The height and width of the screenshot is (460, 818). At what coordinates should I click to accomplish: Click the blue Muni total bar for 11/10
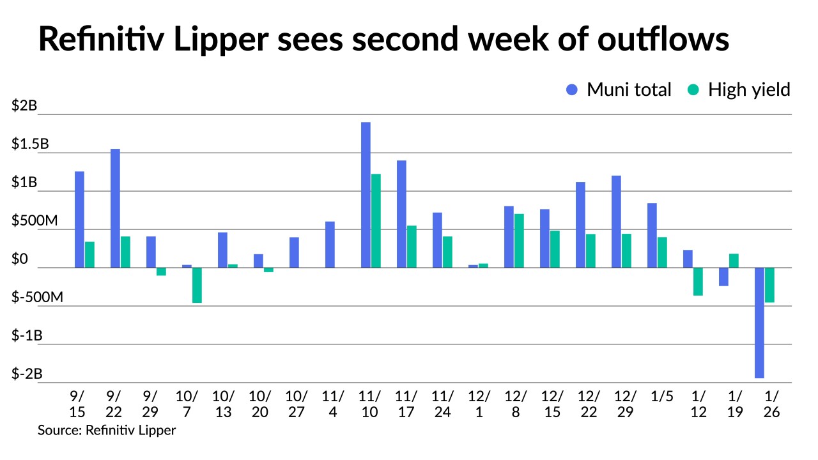click(x=366, y=195)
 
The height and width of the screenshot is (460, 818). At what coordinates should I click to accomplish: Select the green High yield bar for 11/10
click(x=376, y=220)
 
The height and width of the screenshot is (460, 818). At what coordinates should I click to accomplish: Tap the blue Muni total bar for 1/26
click(x=759, y=323)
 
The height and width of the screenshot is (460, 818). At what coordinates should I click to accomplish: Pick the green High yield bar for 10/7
click(x=197, y=285)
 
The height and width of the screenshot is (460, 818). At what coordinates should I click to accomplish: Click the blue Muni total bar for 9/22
click(x=115, y=208)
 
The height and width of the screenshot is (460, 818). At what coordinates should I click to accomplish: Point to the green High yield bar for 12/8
click(x=519, y=241)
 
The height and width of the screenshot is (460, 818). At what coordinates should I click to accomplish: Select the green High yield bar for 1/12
click(x=698, y=281)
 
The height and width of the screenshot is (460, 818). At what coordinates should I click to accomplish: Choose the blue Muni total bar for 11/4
click(x=330, y=245)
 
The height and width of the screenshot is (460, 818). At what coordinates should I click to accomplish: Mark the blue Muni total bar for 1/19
click(x=723, y=277)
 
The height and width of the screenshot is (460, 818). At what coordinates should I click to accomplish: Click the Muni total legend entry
click(x=619, y=89)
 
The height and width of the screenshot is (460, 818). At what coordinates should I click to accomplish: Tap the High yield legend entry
click(x=738, y=89)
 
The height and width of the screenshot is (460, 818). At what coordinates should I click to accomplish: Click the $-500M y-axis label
click(x=37, y=298)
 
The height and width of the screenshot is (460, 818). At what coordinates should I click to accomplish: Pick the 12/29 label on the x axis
click(x=626, y=404)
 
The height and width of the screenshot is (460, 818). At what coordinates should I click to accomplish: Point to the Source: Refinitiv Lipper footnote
click(x=107, y=430)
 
